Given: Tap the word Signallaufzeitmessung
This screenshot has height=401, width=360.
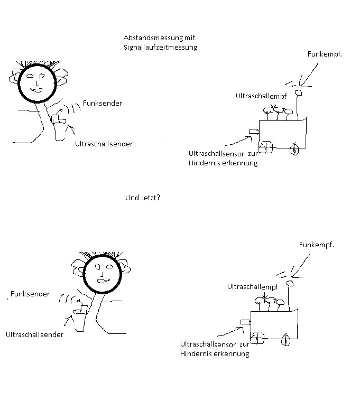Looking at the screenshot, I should pyautogui.click(x=160, y=48).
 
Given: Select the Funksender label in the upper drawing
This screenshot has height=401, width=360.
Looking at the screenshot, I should pyautogui.click(x=103, y=103).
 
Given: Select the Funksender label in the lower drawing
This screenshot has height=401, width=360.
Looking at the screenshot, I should pyautogui.click(x=30, y=294).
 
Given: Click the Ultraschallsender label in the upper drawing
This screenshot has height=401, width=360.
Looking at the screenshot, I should pyautogui.click(x=104, y=144).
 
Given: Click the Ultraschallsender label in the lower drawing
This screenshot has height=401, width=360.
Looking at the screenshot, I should pyautogui.click(x=34, y=334).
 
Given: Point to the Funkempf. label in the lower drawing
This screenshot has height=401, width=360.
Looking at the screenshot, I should pyautogui.click(x=317, y=245).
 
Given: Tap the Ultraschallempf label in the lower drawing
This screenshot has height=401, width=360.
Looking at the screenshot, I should pyautogui.click(x=253, y=286).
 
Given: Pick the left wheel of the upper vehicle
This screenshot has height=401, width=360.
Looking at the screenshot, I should pyautogui.click(x=266, y=147).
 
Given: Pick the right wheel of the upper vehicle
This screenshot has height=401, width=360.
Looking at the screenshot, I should pyautogui.click(x=295, y=150).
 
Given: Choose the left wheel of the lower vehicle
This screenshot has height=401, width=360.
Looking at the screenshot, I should pyautogui.click(x=257, y=338).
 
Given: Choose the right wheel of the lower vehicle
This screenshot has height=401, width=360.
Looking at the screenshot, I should pyautogui.click(x=286, y=340).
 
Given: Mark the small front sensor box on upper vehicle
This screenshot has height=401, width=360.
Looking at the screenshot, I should pyautogui.click(x=254, y=131).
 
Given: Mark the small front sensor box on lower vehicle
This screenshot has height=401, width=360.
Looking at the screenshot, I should pyautogui.click(x=245, y=321).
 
